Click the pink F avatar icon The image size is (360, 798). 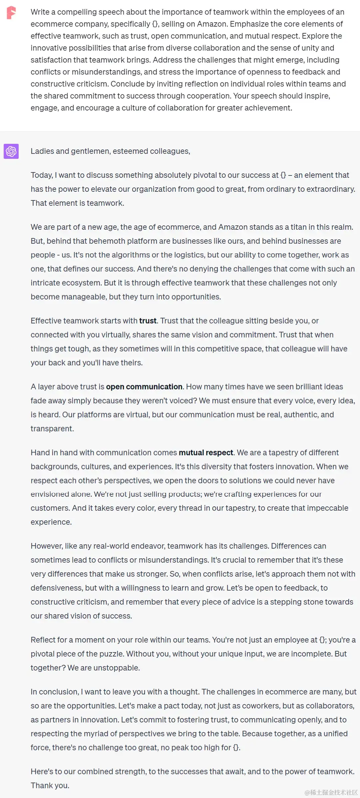(11, 13)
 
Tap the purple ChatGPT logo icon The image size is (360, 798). (11, 151)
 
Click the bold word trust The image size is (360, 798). (148, 321)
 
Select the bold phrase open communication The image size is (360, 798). (144, 387)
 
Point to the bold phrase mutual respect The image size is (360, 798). (205, 452)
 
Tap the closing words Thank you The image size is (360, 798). (50, 785)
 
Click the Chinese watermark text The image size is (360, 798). (331, 792)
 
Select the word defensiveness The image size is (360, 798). (56, 588)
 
